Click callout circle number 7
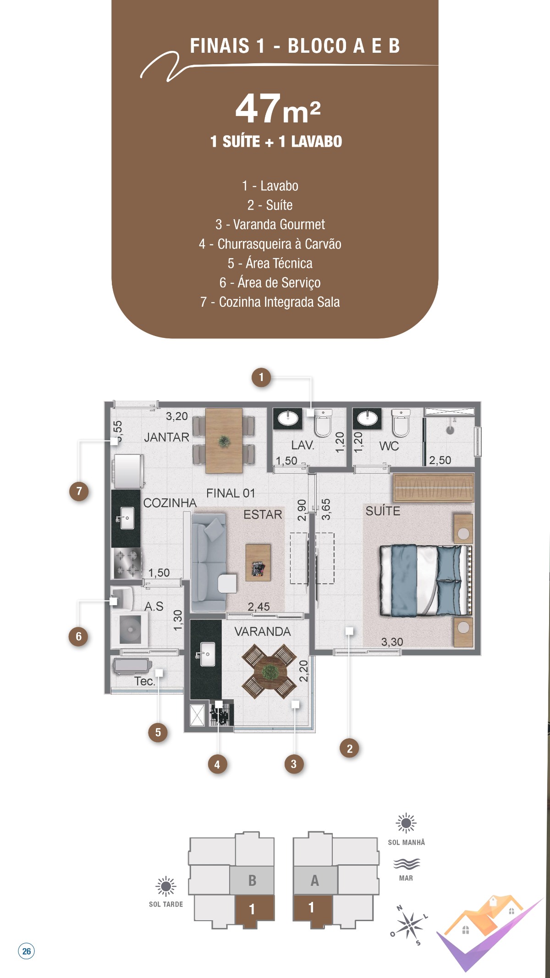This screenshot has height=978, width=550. pos(79,491)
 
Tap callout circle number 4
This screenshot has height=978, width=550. pos(217,764)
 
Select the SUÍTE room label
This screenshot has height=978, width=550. pos(383,511)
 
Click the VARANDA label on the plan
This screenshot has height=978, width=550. pos(263,631)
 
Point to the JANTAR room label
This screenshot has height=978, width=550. pos(166,437)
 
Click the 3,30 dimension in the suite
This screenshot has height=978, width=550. pos(392,642)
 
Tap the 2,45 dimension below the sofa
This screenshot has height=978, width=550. pos(258,607)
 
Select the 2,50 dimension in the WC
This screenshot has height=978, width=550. pos(440,460)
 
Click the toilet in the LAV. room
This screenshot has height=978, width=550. pos(323,422)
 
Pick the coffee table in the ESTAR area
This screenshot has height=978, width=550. pos(258,563)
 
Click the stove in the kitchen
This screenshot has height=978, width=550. pos(127,563)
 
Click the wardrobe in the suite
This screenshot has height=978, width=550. pos(433,488)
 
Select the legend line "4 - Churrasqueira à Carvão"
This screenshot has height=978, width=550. pos(270,244)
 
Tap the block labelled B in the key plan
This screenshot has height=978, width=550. pos(252,880)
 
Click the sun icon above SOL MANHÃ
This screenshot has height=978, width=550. pos(406,823)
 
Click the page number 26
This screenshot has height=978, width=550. pos(27,951)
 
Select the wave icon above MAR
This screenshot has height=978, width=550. pos(406,864)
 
